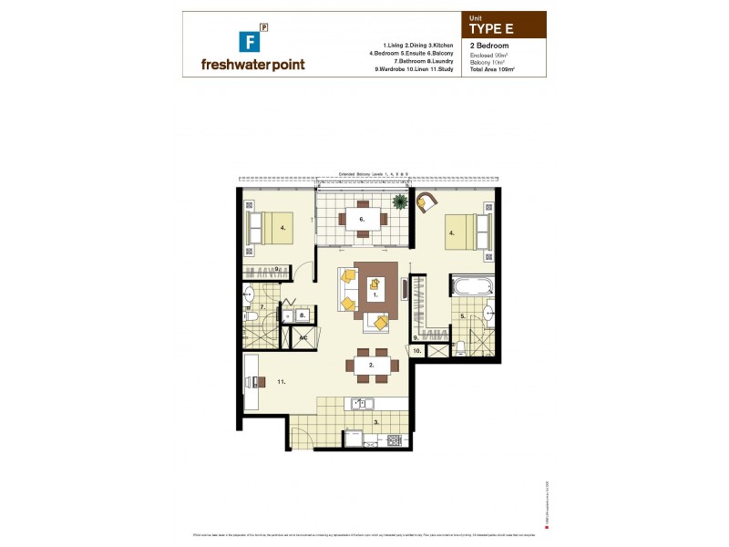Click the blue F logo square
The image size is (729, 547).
coord(245,40)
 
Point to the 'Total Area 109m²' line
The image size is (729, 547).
coord(492,69)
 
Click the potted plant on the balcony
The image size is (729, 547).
coord(398,201)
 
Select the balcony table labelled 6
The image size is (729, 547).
coord(362,219)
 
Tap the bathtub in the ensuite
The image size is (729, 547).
coord(470,286)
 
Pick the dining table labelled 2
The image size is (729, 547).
coord(371,365)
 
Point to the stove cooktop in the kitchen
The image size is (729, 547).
coord(395,441)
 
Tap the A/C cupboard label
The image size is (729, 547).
coord(303,337)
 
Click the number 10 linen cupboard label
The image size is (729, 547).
coord(416,350)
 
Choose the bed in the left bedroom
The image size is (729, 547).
coord(271,227)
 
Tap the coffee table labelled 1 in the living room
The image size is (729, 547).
coord(375,293)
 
